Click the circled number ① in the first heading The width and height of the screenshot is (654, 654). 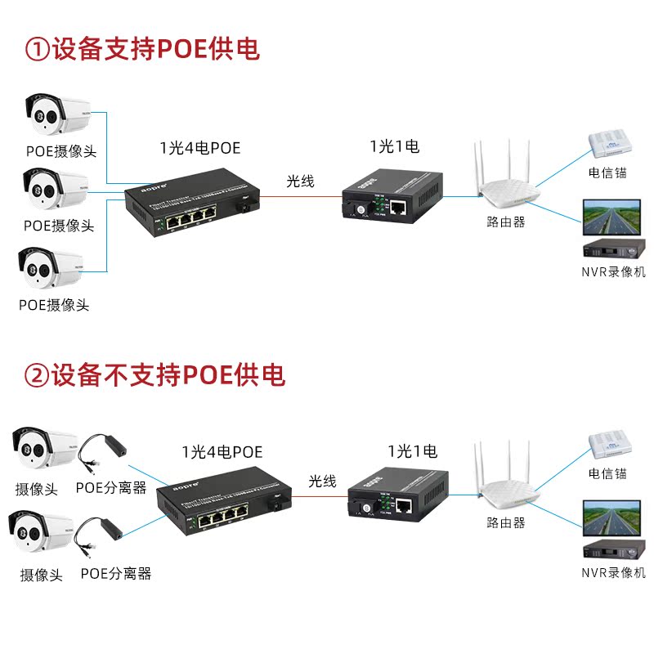pyautogui.click(x=38, y=49)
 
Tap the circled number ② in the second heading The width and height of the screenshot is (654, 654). pyautogui.click(x=38, y=375)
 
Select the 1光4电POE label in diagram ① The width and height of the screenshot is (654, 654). pyautogui.click(x=200, y=148)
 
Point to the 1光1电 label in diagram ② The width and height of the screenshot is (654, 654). pyautogui.click(x=413, y=450)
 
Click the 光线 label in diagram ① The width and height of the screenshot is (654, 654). pyautogui.click(x=300, y=181)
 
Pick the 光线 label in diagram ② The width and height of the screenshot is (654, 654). pyautogui.click(x=322, y=482)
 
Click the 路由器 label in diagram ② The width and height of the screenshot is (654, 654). pyautogui.click(x=505, y=522)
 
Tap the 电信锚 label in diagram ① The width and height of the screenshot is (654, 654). pyautogui.click(x=608, y=172)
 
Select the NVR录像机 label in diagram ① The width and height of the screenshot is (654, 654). pyautogui.click(x=613, y=271)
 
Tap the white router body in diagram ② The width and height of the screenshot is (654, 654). pyautogui.click(x=508, y=495)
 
